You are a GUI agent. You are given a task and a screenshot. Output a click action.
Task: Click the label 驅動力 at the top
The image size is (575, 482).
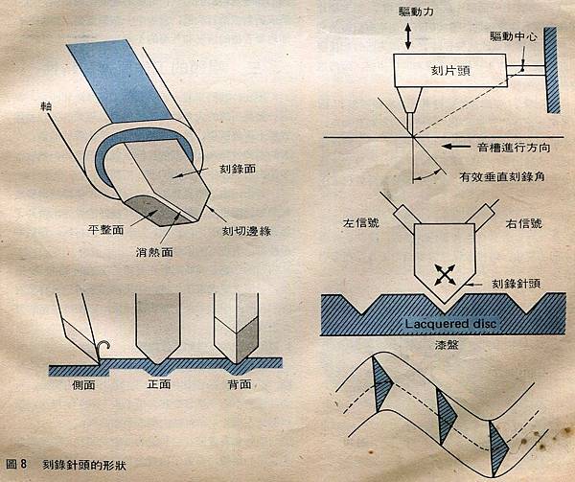(416, 11)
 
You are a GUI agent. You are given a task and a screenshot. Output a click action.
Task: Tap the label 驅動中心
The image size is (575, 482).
(514, 36)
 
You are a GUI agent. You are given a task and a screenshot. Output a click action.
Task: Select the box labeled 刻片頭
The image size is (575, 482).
(450, 70)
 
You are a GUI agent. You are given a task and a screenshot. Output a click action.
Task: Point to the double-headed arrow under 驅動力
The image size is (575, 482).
(408, 35)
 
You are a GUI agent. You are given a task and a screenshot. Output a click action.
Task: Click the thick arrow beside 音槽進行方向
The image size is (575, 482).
(455, 147)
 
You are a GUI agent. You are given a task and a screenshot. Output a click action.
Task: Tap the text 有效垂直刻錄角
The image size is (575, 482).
(501, 176)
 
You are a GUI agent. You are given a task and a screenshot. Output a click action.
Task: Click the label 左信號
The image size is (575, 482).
(361, 223)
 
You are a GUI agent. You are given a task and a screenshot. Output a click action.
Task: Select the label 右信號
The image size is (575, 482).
(523, 223)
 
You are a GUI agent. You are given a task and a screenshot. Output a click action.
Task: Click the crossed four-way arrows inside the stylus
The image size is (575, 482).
(445, 274)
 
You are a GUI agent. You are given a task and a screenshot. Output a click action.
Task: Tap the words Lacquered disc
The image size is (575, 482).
(450, 324)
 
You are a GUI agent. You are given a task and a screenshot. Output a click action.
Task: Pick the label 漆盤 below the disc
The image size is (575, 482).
(446, 345)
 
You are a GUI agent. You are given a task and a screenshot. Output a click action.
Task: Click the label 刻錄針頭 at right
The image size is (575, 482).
(516, 284)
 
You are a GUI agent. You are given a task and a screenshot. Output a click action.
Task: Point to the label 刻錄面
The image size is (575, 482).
(238, 169)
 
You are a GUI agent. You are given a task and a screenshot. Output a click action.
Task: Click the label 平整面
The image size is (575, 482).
(105, 230)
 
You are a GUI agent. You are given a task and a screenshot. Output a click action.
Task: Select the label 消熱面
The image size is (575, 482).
(154, 252)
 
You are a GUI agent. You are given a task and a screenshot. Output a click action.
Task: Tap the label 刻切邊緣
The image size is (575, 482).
(247, 231)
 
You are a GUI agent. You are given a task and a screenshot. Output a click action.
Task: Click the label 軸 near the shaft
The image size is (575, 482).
(47, 106)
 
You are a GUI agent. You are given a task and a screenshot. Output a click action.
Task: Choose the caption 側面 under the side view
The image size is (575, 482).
(84, 385)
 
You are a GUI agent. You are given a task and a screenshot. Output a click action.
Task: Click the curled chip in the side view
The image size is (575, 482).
(103, 350)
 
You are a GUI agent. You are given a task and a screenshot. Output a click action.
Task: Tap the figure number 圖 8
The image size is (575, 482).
(17, 464)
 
